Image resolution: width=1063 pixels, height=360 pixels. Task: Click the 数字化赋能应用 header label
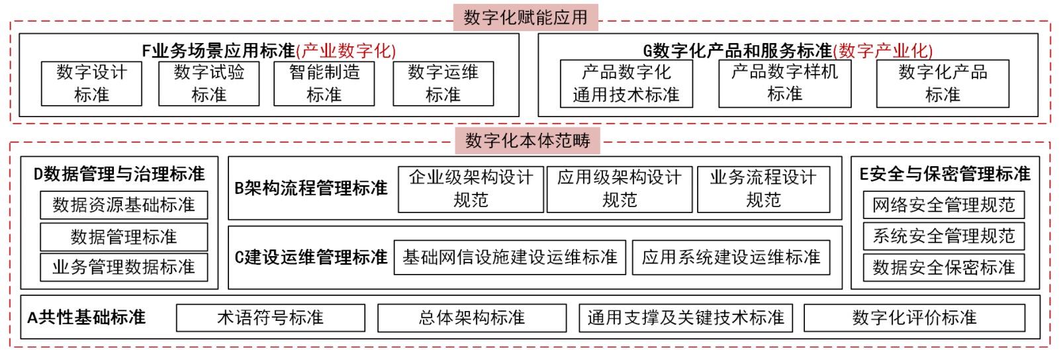tap(526, 18)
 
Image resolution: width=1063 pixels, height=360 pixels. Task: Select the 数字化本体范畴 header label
tap(528, 140)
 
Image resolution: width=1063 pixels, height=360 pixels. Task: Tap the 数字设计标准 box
tap(91, 83)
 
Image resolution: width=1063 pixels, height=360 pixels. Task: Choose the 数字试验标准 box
tap(208, 83)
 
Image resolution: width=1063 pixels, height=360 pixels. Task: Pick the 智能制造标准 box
tap(324, 83)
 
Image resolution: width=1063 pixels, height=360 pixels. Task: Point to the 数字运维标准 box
tap(443, 83)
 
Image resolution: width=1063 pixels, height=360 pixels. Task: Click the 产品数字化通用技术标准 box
tap(626, 83)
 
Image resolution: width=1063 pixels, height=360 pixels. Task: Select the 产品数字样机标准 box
tap(785, 83)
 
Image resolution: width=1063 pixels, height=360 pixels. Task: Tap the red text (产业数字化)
tap(346, 51)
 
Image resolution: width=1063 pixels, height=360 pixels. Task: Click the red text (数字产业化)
tap(883, 51)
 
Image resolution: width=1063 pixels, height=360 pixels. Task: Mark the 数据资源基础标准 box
tap(124, 205)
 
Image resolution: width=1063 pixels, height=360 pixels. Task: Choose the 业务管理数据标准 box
tap(124, 267)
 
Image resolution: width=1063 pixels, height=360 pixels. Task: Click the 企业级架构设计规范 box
tap(471, 189)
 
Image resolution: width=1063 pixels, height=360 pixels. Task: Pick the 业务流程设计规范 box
tap(764, 189)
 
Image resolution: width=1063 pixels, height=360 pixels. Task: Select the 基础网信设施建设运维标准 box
tap(510, 257)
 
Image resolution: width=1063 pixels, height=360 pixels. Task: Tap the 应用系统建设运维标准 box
tap(731, 257)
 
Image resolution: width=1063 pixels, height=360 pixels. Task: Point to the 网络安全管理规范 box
tap(944, 205)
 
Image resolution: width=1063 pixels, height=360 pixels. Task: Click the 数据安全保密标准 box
tap(944, 267)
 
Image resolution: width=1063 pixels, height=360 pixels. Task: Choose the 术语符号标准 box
tap(271, 317)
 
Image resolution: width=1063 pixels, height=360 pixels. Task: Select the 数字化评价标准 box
tap(915, 317)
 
